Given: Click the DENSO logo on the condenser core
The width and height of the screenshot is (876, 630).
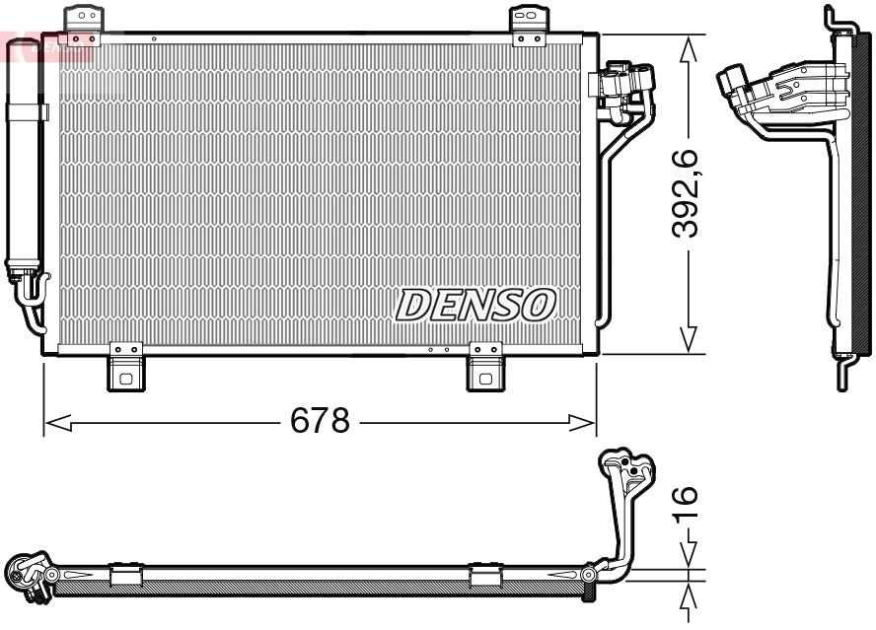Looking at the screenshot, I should pyautogui.click(x=475, y=305).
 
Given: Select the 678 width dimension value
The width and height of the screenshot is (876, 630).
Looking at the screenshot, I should pyautogui.click(x=320, y=421).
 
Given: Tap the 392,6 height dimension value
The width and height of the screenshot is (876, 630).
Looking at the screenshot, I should pyautogui.click(x=688, y=194).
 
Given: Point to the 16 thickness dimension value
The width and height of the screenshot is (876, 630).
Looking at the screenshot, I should pyautogui.click(x=688, y=503).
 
